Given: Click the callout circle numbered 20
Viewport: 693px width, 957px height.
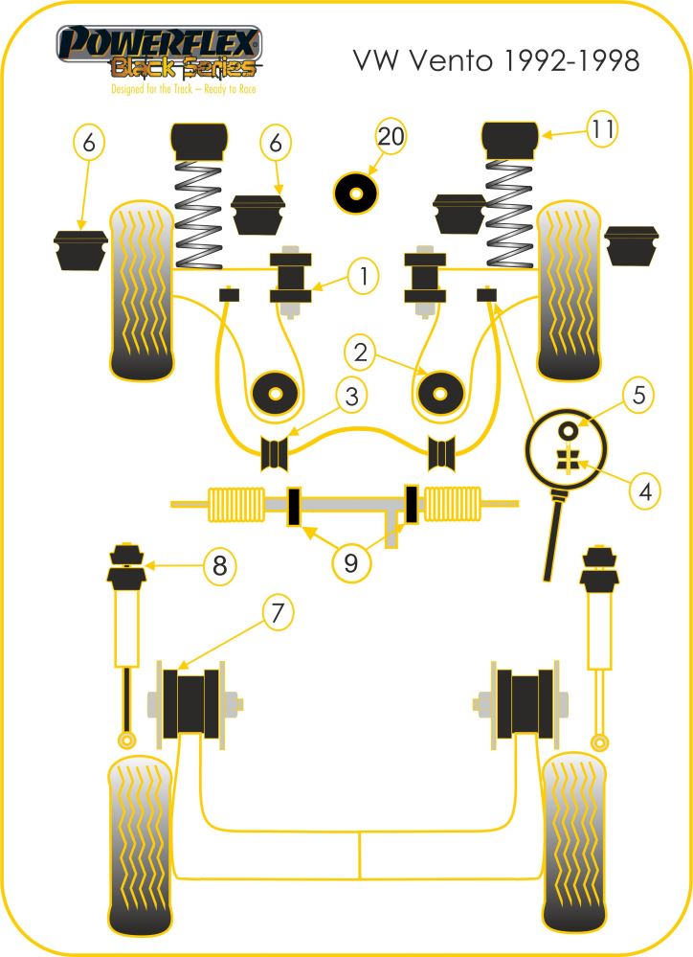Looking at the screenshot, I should click(391, 136).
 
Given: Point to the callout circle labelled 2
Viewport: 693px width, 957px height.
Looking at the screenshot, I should click(360, 353).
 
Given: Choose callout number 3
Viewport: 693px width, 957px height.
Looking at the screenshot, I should click(351, 395).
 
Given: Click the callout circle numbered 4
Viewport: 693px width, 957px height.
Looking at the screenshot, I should click(645, 491).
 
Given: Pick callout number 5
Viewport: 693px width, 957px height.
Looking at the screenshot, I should click(639, 394).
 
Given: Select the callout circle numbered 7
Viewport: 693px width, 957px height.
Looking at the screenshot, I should click(277, 612).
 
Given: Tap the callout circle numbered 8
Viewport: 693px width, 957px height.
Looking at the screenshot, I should click(220, 565).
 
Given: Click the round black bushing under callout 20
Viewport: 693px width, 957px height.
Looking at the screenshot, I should click(357, 195).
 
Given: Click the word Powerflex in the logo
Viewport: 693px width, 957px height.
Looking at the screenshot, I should click(159, 44).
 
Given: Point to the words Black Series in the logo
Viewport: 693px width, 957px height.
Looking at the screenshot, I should click(185, 68).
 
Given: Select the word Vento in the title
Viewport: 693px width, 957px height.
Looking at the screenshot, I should click(454, 61).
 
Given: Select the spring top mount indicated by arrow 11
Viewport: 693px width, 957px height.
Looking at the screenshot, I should click(511, 139).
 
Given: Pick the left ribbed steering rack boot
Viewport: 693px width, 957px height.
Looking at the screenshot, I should click(235, 504).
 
